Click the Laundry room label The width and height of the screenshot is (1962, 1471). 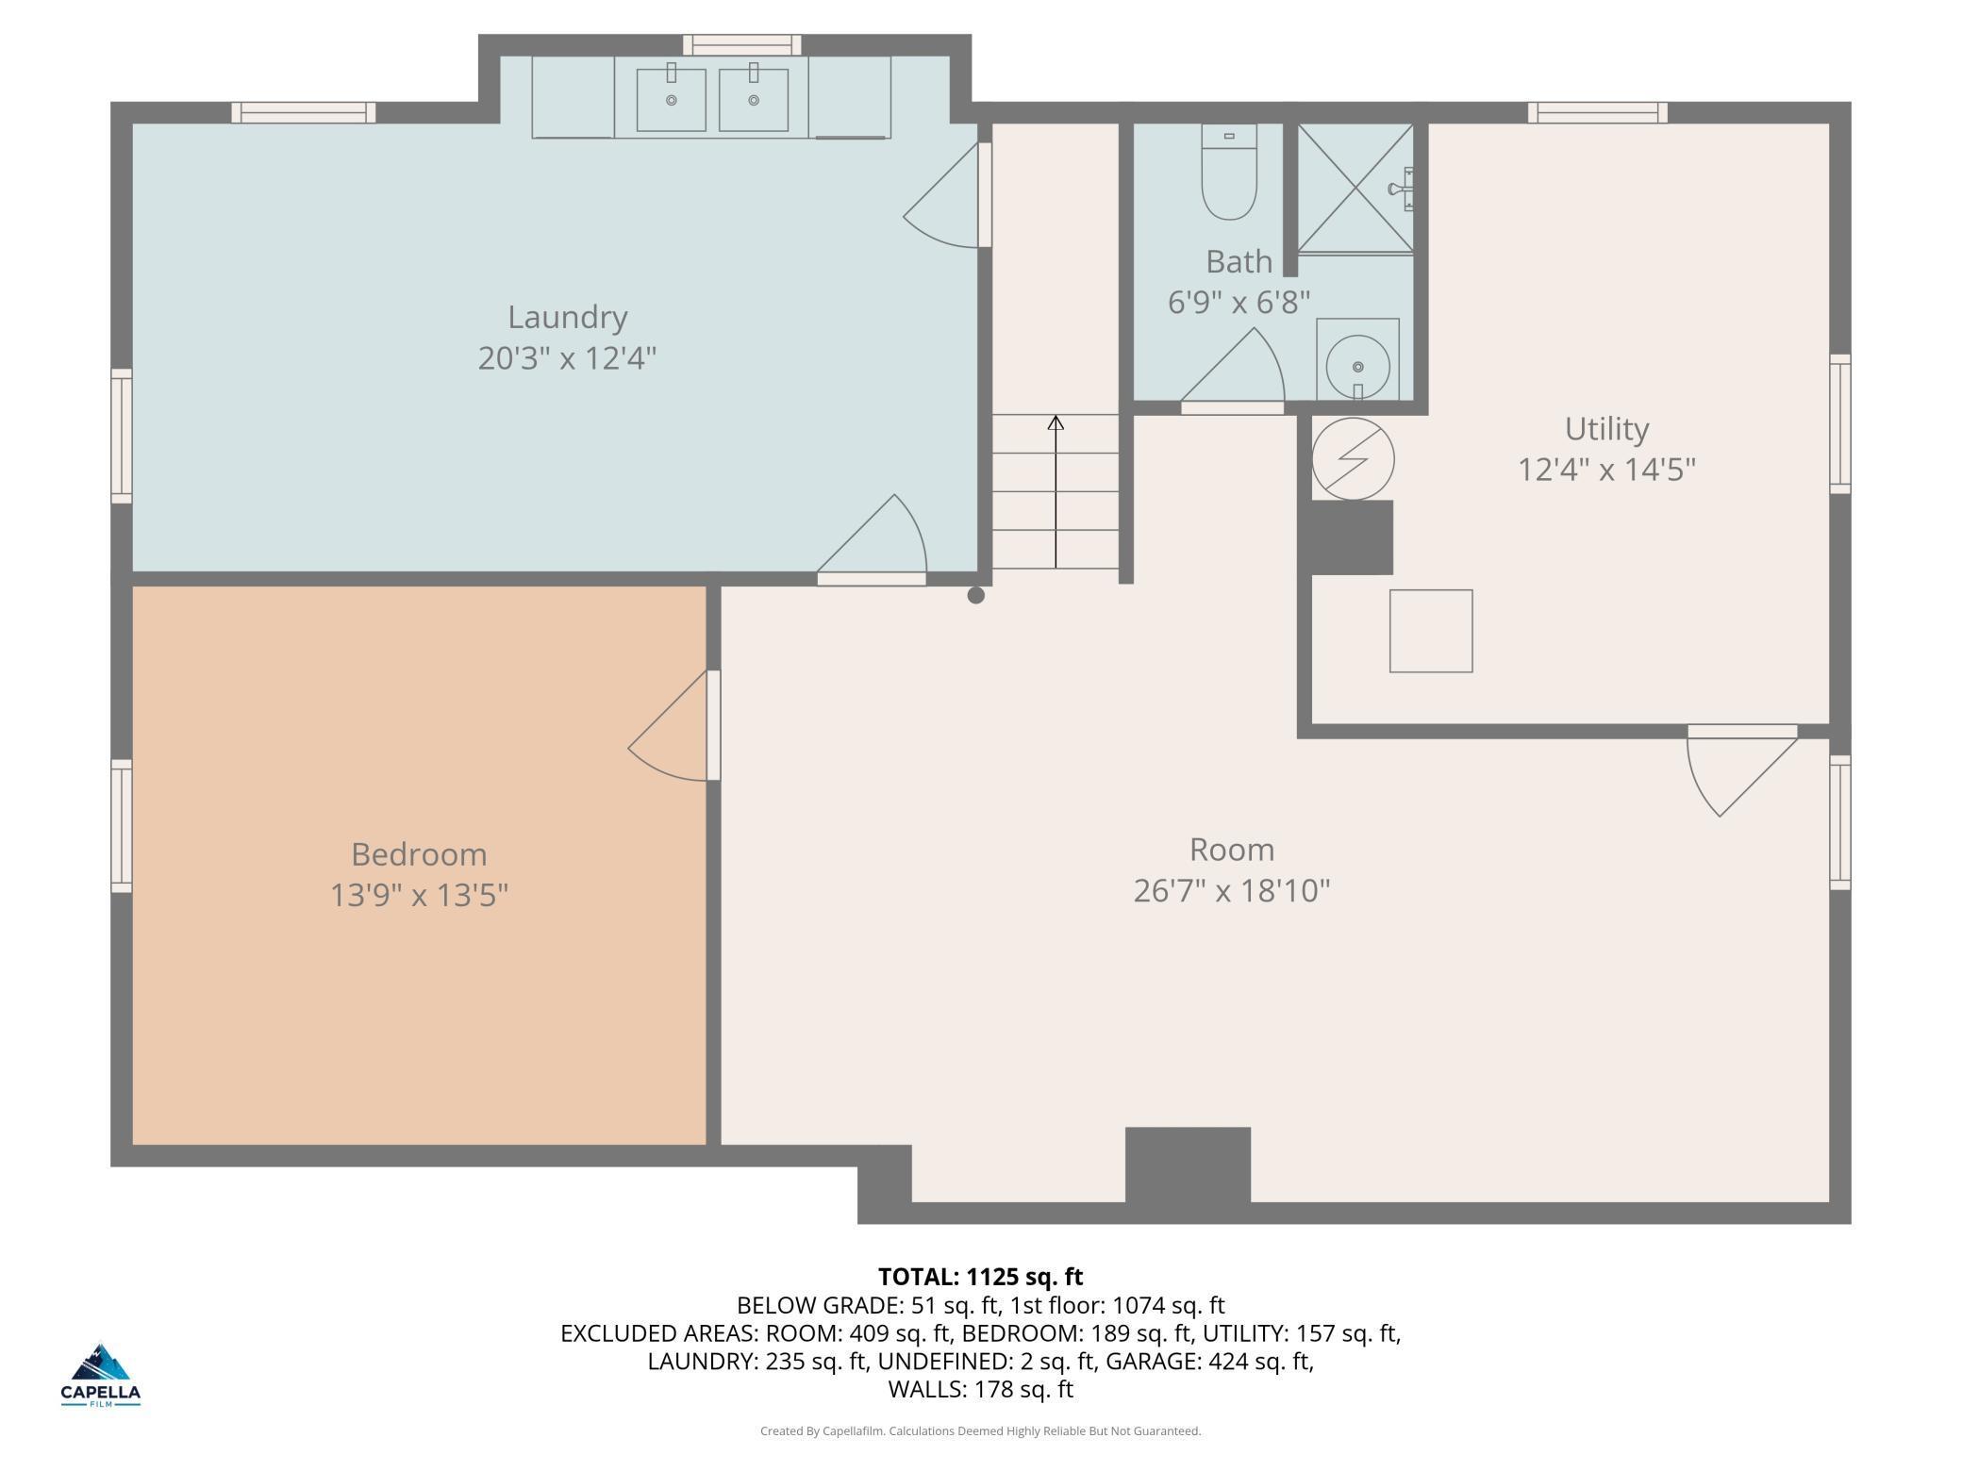(567, 318)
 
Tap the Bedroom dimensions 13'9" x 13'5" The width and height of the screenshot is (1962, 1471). (419, 895)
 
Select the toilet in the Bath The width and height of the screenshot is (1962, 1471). (1229, 173)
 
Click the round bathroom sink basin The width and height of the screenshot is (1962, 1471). (1357, 367)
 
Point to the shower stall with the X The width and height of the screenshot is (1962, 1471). (1355, 188)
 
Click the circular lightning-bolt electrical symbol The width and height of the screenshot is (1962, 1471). (1353, 459)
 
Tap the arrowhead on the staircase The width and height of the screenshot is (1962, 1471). (1056, 423)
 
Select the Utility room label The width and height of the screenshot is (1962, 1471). (1606, 429)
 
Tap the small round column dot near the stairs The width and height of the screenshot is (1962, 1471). (976, 595)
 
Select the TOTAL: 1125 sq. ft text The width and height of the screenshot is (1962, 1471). (980, 1277)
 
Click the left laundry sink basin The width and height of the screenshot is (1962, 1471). (671, 99)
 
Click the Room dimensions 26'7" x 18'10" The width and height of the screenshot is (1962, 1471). (1231, 891)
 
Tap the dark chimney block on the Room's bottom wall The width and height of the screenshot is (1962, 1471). (1188, 1165)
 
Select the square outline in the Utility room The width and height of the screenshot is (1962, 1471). (1431, 632)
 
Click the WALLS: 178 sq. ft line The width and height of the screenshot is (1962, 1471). (980, 1389)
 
